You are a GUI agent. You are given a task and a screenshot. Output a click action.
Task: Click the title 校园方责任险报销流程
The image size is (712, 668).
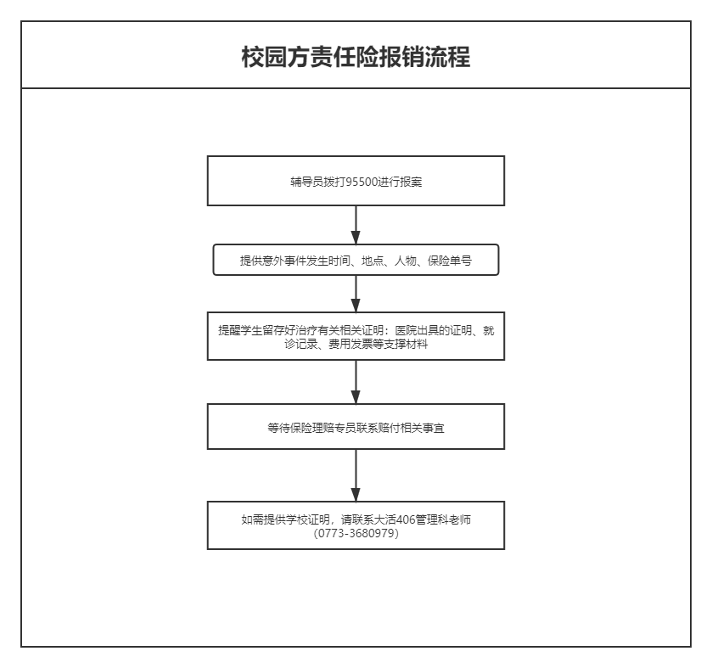point(356,57)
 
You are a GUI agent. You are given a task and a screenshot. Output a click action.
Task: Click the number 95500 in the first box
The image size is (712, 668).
point(362,182)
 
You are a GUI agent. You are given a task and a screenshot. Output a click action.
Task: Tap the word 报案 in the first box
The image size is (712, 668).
point(412,182)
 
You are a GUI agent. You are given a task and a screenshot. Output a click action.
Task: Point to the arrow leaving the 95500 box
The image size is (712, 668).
point(356,225)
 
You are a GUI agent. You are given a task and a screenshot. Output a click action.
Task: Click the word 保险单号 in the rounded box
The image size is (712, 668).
point(450,261)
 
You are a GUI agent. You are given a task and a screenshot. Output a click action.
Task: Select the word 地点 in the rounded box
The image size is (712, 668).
point(373,261)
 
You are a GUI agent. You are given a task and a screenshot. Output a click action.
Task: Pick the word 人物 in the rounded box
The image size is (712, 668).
point(406,261)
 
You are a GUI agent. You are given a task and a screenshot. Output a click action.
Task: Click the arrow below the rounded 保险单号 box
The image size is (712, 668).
point(356,294)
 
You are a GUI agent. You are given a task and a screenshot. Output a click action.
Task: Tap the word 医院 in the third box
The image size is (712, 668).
point(406,330)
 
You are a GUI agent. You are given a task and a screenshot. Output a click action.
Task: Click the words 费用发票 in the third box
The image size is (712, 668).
point(350,345)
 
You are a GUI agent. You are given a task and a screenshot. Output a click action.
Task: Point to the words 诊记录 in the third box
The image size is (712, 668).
point(300,345)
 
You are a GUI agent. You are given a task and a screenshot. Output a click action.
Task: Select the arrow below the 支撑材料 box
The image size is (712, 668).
point(356,382)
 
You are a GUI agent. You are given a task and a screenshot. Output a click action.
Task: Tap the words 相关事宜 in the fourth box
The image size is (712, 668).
point(423,428)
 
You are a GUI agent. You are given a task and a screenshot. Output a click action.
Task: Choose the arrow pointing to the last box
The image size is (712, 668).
point(356,475)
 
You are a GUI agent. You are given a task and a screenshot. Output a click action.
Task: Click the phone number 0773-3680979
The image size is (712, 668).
point(356,533)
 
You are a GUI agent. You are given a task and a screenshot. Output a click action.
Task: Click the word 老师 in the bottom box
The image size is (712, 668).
point(460,519)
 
